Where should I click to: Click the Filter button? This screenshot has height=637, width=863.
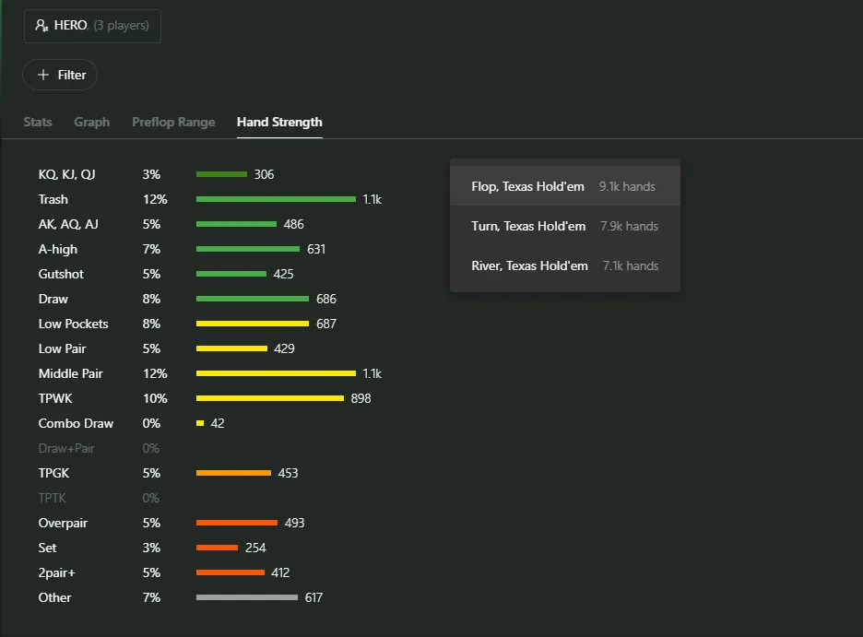click(60, 75)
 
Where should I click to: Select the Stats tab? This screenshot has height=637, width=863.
click(38, 122)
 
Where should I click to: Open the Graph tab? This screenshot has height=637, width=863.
click(91, 122)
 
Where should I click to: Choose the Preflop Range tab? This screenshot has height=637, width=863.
click(173, 122)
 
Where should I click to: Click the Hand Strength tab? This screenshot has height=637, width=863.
click(279, 122)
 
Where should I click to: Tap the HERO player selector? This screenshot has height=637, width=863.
click(92, 26)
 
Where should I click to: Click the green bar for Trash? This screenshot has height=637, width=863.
click(276, 199)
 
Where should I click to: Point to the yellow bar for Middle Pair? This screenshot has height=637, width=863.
click(276, 373)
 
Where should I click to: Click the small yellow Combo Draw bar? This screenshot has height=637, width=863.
click(200, 423)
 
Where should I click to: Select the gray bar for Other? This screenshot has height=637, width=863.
click(247, 597)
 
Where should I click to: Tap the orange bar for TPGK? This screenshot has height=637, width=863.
click(233, 473)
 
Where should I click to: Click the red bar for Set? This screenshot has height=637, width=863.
click(217, 548)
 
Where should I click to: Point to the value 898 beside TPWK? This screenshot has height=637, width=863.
click(361, 398)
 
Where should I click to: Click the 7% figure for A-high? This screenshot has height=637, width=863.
click(151, 249)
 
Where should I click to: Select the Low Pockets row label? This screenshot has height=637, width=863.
click(74, 324)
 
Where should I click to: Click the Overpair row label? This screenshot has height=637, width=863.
click(63, 523)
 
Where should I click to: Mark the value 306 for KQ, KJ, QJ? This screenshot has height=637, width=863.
click(265, 174)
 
